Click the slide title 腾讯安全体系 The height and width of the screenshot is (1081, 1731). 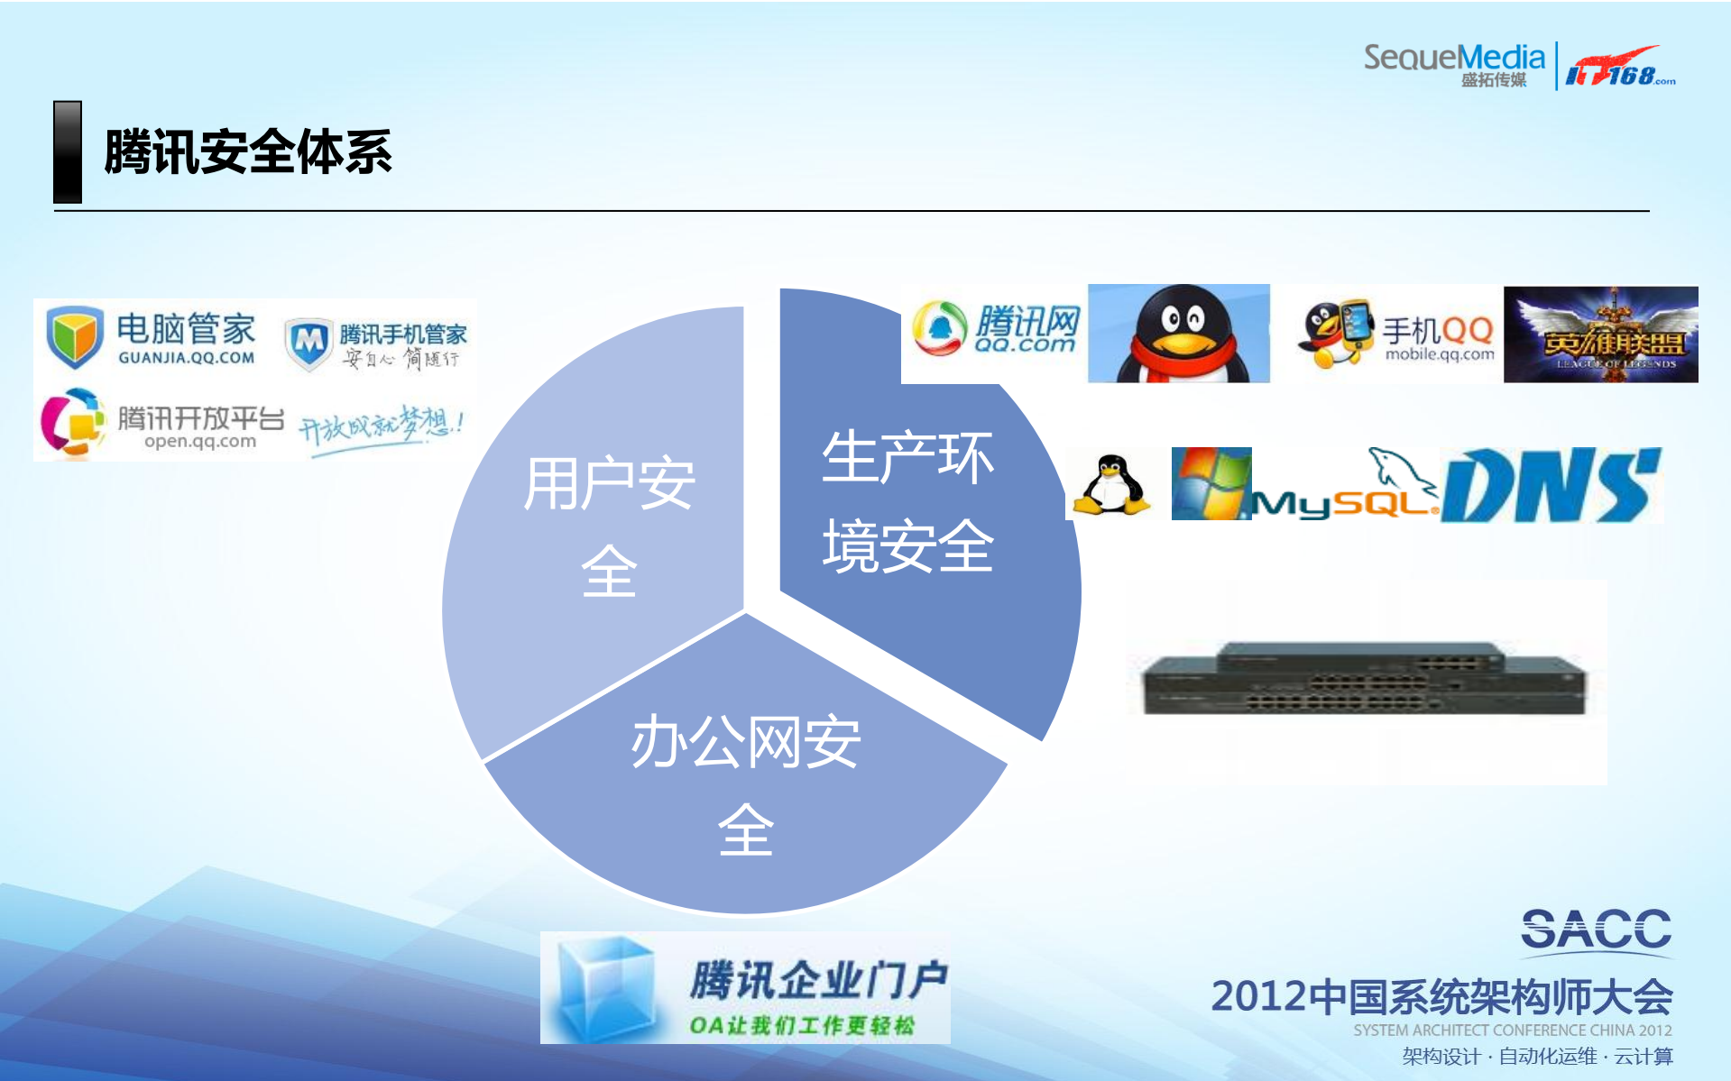coord(248,151)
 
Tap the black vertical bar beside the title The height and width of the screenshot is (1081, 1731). coord(68,151)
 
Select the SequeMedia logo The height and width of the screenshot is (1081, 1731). coord(1453,63)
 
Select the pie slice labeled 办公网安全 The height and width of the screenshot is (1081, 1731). coord(745,793)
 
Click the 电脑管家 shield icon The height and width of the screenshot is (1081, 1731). coord(74,336)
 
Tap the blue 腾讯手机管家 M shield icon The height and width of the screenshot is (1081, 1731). coord(309,343)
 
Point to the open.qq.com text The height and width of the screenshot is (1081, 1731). coord(200,442)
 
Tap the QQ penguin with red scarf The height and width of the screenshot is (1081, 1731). coord(1179,334)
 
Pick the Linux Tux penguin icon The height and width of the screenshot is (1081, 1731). coord(1111,485)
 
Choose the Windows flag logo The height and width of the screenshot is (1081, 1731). coord(1211,483)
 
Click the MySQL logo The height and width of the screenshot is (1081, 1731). coord(1344,491)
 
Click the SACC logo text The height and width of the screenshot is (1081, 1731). coord(1596,930)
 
